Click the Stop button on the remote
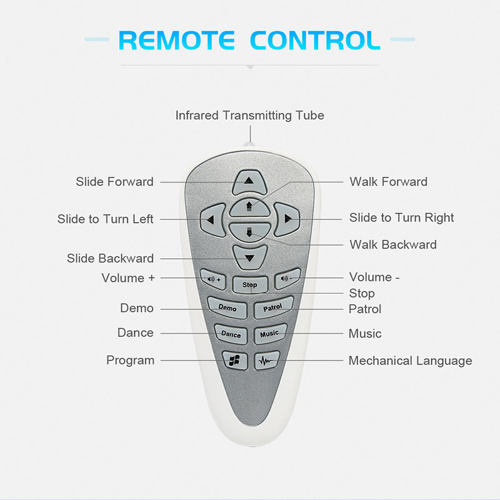[249, 284]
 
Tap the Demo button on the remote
[227, 307]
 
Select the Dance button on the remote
[231, 334]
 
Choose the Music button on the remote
[269, 334]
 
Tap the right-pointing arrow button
[287, 219]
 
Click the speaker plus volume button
[212, 278]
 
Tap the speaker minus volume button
[287, 277]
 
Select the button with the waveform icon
[266, 361]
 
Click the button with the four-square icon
[234, 361]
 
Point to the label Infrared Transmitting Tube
[249, 116]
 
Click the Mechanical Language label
[410, 361]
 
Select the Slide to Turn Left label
[105, 219]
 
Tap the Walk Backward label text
[393, 244]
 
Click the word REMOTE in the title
[177, 40]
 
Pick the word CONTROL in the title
[315, 40]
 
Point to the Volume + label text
[128, 278]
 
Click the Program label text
[130, 360]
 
